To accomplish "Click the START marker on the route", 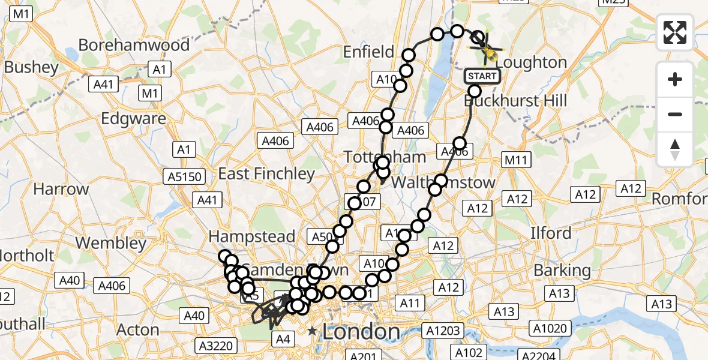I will point(482,76).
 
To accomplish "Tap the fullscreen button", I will point(675,32).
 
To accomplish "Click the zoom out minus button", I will point(675,114).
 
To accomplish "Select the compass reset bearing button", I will point(675,149).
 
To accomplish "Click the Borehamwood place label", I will point(134,45).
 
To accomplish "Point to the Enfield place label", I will point(368,52).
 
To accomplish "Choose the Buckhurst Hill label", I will point(515,100).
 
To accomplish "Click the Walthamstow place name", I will point(443,182).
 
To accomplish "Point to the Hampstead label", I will point(252,236).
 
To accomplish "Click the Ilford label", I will point(551,232).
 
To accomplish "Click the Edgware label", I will point(133,119).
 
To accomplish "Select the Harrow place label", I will point(61,189).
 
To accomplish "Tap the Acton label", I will point(137,330).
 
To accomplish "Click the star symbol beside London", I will point(312,331).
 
